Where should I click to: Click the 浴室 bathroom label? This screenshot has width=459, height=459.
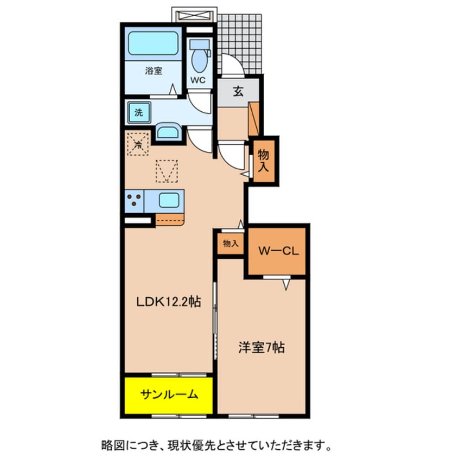[x=154, y=71]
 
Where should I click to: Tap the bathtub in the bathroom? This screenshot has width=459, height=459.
[x=154, y=43]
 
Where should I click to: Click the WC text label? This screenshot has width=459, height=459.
[x=198, y=80]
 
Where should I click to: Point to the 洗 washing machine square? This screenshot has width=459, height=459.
[x=138, y=113]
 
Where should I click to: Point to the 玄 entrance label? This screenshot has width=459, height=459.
[x=238, y=91]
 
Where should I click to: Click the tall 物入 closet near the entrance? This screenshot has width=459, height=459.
[x=264, y=161]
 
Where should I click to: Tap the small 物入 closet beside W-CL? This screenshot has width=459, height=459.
[x=231, y=244]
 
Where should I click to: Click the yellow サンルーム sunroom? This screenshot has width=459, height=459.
[x=169, y=394]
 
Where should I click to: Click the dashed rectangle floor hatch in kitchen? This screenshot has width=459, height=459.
[x=167, y=171]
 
